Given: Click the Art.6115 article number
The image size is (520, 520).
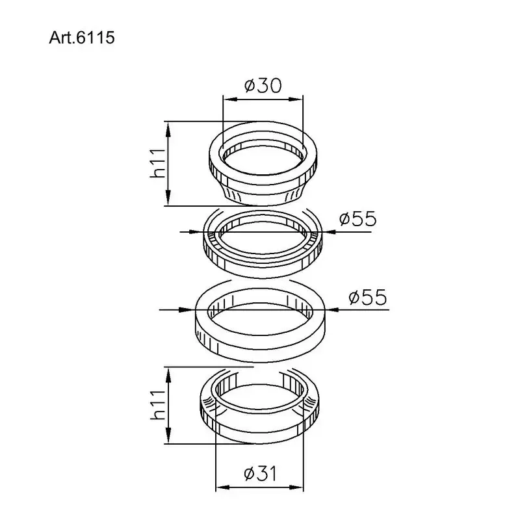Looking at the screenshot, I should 82,38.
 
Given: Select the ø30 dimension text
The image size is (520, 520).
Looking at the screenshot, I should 263,86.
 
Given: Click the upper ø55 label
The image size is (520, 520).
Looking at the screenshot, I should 357,218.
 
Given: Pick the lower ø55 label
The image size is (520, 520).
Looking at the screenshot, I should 367,298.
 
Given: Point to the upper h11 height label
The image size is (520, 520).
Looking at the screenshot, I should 157,163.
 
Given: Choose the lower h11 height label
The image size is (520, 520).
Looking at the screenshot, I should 157,405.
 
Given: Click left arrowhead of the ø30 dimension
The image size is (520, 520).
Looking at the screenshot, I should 227,99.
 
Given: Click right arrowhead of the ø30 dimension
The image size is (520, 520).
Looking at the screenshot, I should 299,99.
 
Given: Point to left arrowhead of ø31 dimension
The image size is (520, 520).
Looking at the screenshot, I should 220,487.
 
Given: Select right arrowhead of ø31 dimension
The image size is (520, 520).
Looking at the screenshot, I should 301,487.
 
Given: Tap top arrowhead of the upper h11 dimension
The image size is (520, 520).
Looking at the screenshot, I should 169,126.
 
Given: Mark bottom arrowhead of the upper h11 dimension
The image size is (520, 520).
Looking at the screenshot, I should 169,201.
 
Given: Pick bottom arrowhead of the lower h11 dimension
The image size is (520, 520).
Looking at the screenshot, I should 169,439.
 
